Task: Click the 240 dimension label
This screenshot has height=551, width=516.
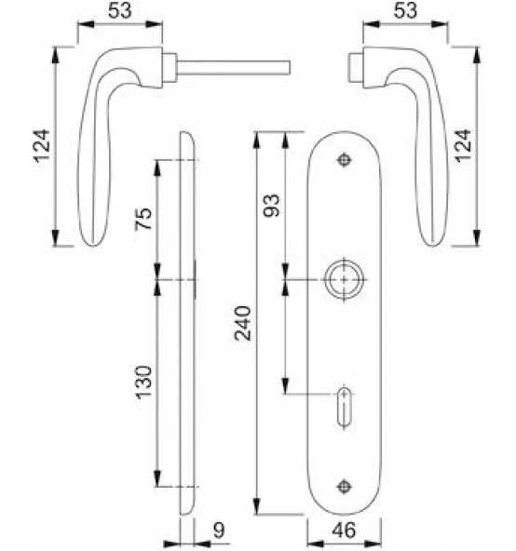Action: [x=243, y=323]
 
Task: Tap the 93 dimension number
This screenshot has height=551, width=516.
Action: [x=272, y=206]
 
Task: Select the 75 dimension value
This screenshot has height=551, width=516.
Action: [x=143, y=219]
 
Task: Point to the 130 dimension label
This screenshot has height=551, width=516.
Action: [x=143, y=383]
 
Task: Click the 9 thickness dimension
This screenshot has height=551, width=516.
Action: [x=219, y=530]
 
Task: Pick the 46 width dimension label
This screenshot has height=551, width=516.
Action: [x=344, y=530]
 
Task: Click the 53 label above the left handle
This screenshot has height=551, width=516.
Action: [x=120, y=10]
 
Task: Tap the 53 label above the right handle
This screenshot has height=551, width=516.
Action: [x=405, y=10]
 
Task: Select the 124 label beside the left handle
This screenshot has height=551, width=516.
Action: [x=42, y=146]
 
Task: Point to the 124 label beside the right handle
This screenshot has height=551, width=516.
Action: [x=463, y=146]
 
